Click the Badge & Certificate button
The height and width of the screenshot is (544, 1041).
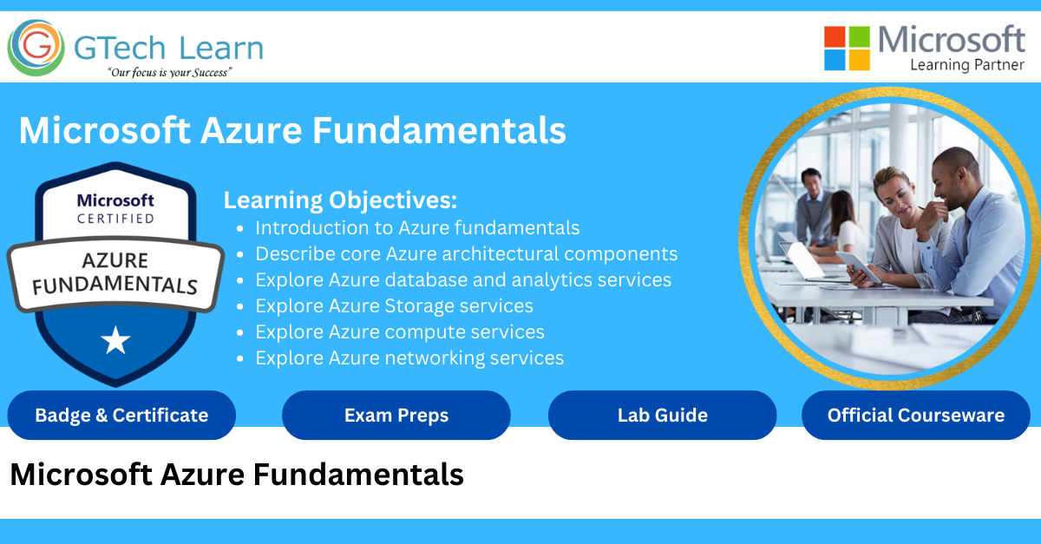click(121, 416)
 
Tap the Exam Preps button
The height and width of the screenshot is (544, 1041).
click(396, 416)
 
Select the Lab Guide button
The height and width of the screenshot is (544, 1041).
click(662, 416)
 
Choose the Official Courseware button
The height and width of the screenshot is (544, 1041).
click(915, 416)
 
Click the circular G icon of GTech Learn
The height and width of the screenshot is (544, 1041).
click(36, 48)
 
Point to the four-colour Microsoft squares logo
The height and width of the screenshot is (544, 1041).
click(847, 48)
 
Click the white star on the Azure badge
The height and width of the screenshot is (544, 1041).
click(115, 340)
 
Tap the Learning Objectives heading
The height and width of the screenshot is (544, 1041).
click(340, 200)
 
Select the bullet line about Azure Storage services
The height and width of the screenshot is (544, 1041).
click(394, 306)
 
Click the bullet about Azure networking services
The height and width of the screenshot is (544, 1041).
click(409, 358)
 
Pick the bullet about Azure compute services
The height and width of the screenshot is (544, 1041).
click(400, 332)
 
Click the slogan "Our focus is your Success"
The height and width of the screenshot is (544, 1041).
click(170, 73)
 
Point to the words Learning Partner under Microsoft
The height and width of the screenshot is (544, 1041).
click(967, 65)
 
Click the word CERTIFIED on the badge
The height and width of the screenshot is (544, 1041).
click(115, 219)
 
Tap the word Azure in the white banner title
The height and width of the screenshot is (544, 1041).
click(252, 131)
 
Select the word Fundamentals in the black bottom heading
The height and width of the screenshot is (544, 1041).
click(358, 475)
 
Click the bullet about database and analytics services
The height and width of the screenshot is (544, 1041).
click(463, 280)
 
